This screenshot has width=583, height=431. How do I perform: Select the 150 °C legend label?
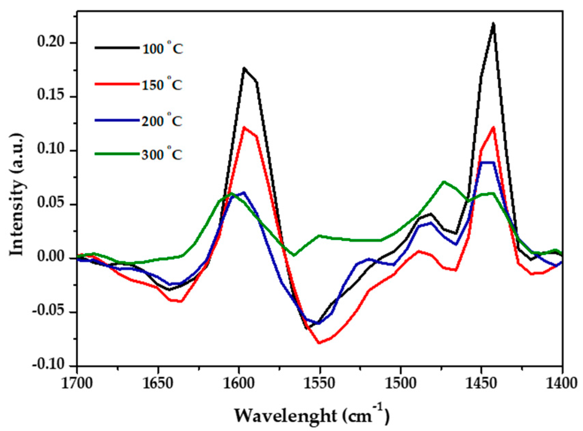[x=162, y=84]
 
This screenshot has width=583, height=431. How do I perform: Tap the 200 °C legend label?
[x=162, y=121]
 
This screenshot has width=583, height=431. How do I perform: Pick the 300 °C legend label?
[x=162, y=154]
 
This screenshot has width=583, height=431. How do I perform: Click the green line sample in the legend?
[x=117, y=154]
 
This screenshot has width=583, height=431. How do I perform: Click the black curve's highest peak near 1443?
[x=493, y=23]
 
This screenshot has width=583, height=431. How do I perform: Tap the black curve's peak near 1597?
[x=244, y=68]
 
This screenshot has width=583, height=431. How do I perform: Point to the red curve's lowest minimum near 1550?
[x=319, y=343]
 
